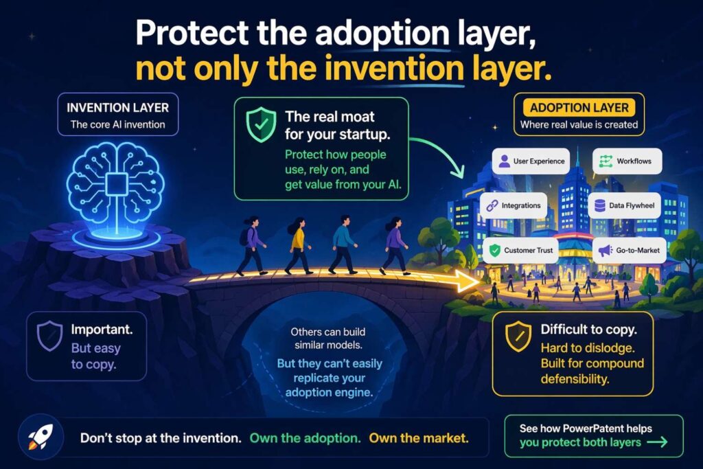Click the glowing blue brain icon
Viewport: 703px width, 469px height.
coord(117,183)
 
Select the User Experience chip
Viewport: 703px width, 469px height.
coord(531,162)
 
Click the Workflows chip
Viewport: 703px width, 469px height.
coord(627,162)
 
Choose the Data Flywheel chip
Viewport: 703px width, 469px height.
coord(624,205)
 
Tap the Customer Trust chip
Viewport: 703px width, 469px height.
coord(520,251)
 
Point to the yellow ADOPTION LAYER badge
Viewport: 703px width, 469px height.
coord(579,107)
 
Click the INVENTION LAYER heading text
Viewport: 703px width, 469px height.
coord(117,108)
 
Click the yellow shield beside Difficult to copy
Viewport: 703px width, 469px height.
coord(516,337)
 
